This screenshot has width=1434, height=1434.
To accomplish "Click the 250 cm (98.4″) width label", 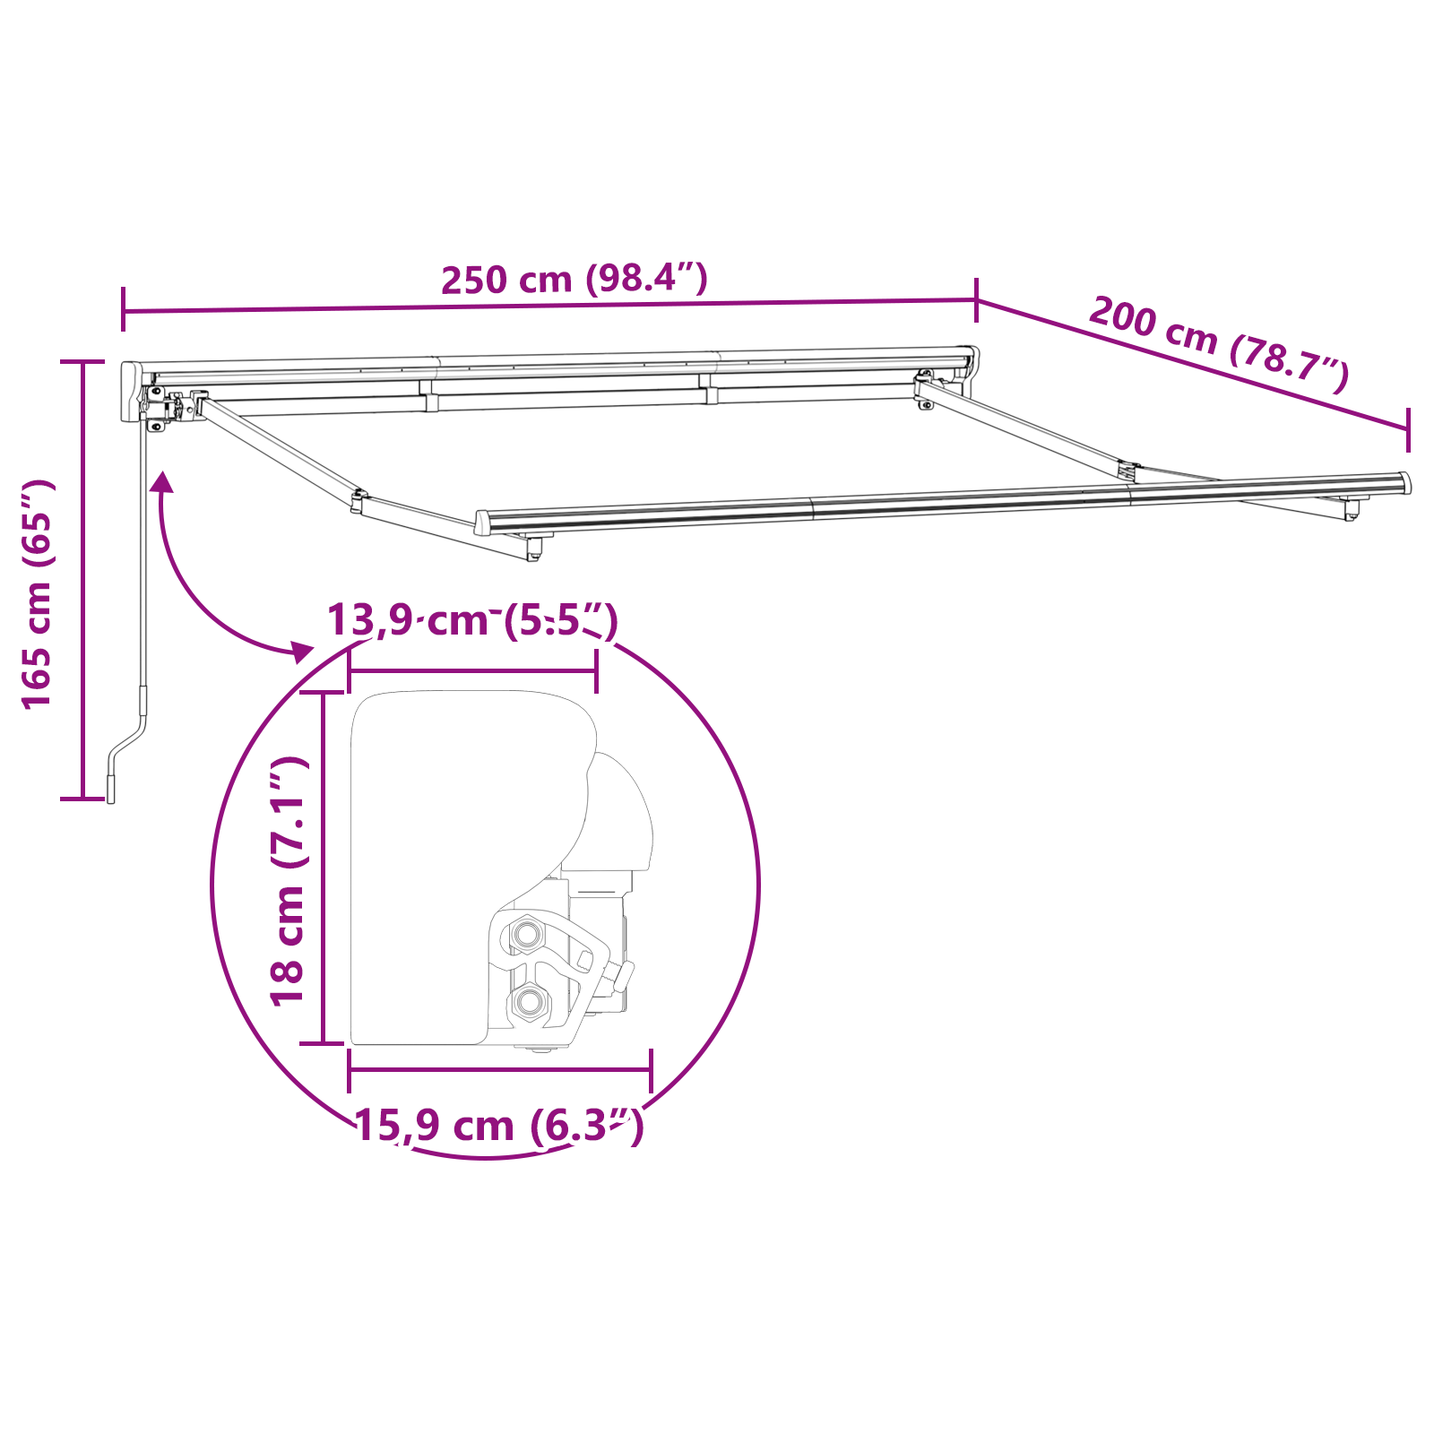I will point(574,280).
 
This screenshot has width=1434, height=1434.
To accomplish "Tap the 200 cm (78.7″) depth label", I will point(1219,344).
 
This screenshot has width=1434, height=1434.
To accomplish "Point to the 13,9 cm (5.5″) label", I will point(472,620).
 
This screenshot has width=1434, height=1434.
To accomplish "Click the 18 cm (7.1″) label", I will point(289,881).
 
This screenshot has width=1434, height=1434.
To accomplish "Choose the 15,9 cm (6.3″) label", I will point(499,1126).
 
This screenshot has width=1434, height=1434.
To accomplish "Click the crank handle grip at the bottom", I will point(111,789).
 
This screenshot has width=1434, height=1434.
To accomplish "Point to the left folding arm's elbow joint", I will point(358,500).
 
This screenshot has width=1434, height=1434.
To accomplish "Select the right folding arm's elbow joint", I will point(1127,471).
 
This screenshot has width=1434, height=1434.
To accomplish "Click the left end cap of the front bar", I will point(482,523).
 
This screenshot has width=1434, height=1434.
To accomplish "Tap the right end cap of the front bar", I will point(1404,483).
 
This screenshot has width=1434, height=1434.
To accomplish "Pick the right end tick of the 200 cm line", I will point(1408,429).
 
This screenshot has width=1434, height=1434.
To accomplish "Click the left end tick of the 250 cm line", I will point(124,310).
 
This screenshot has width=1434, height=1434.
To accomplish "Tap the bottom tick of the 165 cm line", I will point(82,798).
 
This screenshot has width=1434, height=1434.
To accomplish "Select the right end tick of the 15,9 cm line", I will point(651,1069).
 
